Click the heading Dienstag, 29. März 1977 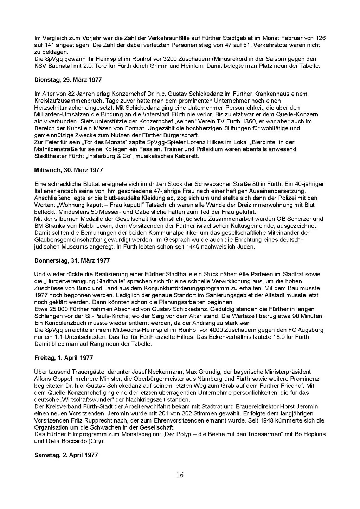click(68, 80)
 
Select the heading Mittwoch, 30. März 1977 click(69, 170)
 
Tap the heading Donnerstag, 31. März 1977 click(72, 260)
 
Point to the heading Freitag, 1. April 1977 click(64, 358)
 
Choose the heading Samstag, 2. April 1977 click(66, 455)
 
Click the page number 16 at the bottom click(180, 475)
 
